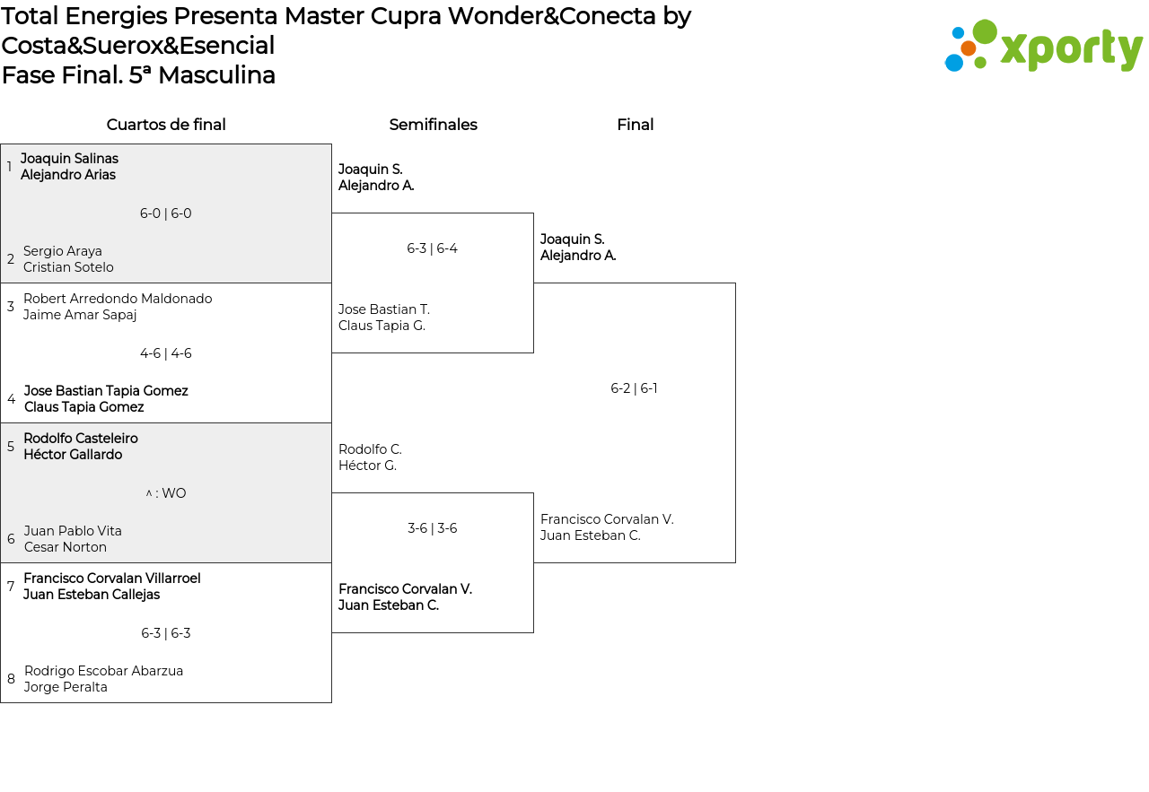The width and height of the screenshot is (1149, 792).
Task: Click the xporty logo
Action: pos(1043,46)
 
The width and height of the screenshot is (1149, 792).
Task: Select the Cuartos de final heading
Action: pos(166,125)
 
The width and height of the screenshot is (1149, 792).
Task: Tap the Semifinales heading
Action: pos(433,125)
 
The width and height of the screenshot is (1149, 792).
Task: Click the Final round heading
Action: pos(635,125)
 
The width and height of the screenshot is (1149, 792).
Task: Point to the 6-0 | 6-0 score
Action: pos(166,213)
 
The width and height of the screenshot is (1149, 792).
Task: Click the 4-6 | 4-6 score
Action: pos(166,353)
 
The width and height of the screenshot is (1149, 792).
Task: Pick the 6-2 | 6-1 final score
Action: pos(634,388)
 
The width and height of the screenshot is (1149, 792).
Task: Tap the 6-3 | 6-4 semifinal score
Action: pos(432,248)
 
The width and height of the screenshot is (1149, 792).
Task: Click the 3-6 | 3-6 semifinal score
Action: pos(432,528)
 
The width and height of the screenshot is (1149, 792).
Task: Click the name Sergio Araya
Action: pos(63,251)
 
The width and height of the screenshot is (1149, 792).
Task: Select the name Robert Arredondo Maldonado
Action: pos(118,299)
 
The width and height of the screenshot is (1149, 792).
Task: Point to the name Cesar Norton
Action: pos(66,547)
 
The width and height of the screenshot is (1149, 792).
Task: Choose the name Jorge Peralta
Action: pos(66,687)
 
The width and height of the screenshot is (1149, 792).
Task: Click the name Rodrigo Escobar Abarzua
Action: pos(103,671)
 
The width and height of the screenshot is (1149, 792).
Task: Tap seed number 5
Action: pos(11,447)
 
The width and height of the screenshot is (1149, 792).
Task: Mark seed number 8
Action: pos(11,679)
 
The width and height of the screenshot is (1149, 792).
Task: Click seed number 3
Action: pos(11,307)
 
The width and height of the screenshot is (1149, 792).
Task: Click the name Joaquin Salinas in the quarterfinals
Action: pos(69,159)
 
